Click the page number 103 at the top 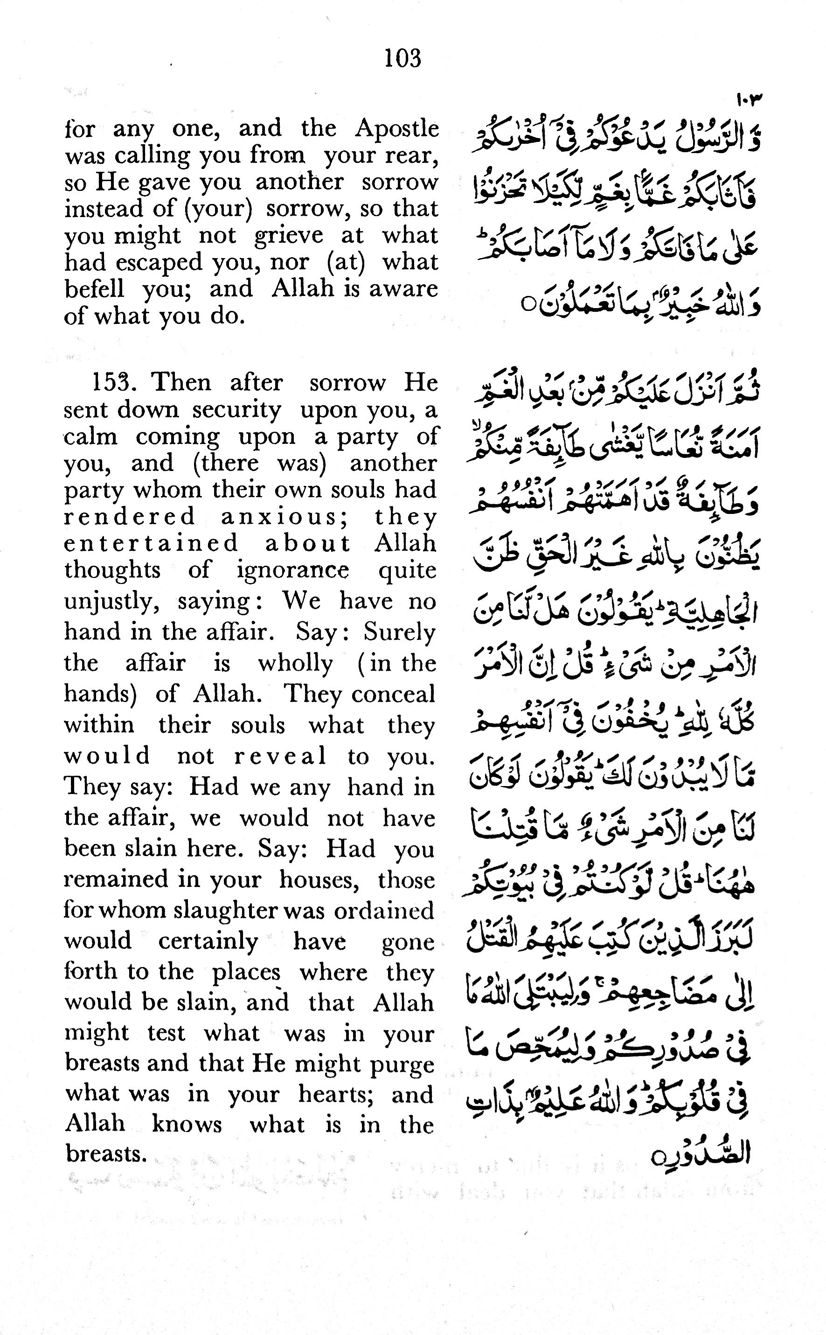coord(403,58)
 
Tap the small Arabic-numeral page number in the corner coord(749,100)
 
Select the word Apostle coord(397,129)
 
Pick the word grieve coord(288,236)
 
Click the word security coord(236,409)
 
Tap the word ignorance coord(293,571)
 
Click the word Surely coord(400,632)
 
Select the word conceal coord(393,694)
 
